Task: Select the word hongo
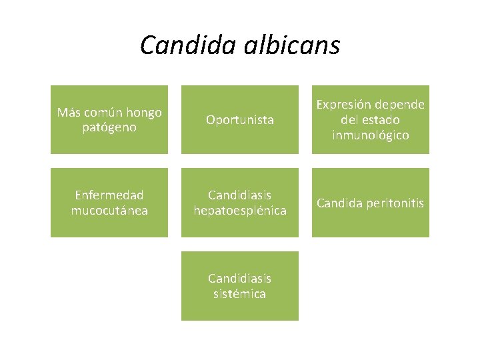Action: [x=143, y=112]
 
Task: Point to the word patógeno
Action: [x=109, y=127]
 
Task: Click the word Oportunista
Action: [x=240, y=120]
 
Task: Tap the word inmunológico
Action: [x=371, y=135]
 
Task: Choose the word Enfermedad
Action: [x=109, y=195]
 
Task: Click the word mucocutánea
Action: [x=109, y=211]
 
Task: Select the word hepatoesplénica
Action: [x=240, y=211]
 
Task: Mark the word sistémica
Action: [x=240, y=294]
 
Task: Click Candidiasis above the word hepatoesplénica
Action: [x=240, y=195]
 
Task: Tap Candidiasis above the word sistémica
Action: [x=240, y=279]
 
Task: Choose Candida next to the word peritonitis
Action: [x=339, y=203]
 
